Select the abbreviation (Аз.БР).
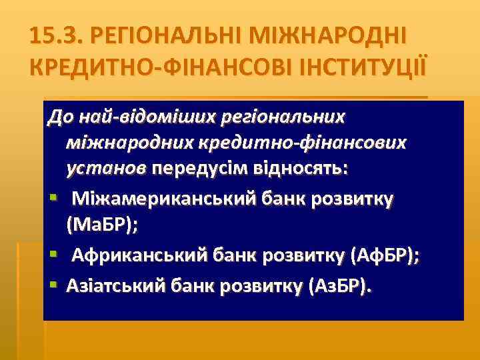click(x=338, y=286)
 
